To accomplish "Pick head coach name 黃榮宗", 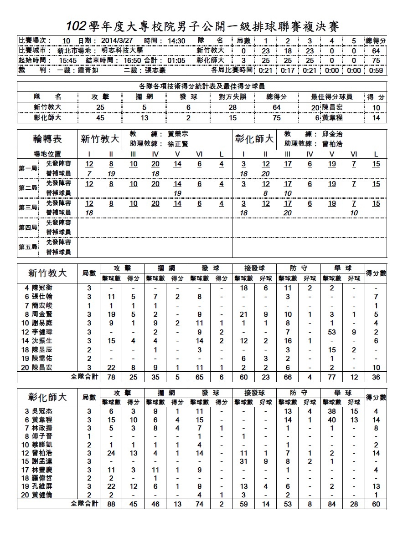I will [x=178, y=135].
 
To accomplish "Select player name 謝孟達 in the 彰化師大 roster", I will [x=41, y=461].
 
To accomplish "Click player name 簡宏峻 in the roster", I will [x=41, y=306].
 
